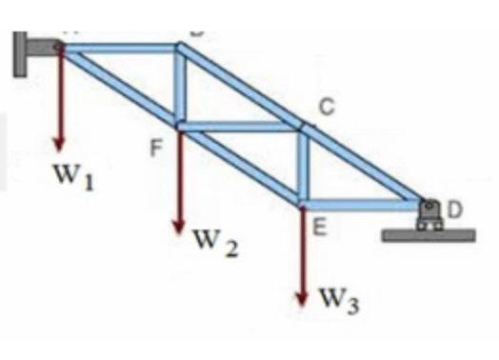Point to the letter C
click(x=325, y=109)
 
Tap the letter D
click(x=455, y=210)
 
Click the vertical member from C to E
click(x=303, y=163)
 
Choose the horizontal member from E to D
click(x=362, y=201)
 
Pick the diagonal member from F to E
click(x=240, y=163)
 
